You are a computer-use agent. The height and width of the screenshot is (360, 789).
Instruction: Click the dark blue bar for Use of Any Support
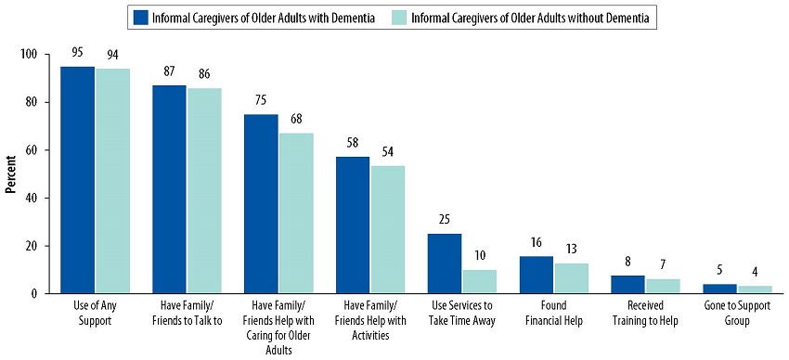pos(78,180)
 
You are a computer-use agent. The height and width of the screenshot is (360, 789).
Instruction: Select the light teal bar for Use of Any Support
pos(112,181)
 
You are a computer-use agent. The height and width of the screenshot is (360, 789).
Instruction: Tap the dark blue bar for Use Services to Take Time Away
pos(444,264)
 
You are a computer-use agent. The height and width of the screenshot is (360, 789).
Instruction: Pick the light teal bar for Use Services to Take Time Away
pos(479,281)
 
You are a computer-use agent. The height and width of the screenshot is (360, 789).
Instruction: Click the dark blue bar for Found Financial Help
pos(536,275)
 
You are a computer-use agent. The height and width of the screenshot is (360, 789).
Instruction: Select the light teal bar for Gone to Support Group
pos(754,289)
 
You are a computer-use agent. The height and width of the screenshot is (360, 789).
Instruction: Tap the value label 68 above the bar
pos(296,118)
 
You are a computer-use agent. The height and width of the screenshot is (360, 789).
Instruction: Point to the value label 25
pos(444,220)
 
